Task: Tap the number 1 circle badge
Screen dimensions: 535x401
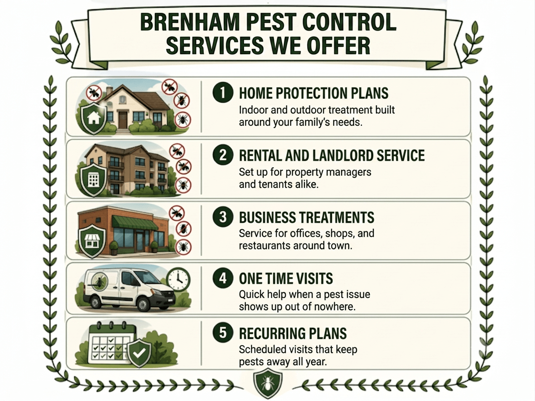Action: click(x=223, y=93)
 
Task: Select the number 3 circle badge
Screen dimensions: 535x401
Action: click(x=223, y=217)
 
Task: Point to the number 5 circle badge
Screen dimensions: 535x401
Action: click(x=223, y=333)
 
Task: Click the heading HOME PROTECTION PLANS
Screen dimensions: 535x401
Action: click(x=313, y=93)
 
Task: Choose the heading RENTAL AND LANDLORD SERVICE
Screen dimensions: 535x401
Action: click(x=332, y=155)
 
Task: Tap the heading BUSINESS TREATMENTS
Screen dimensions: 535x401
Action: click(x=306, y=217)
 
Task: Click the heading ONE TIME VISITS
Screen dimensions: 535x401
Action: click(x=286, y=278)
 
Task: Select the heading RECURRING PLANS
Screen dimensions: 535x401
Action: click(x=293, y=333)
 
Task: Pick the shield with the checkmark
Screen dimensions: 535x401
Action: click(x=139, y=353)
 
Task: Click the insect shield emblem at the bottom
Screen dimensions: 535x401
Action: click(x=268, y=383)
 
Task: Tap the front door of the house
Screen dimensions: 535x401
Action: click(x=123, y=119)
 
